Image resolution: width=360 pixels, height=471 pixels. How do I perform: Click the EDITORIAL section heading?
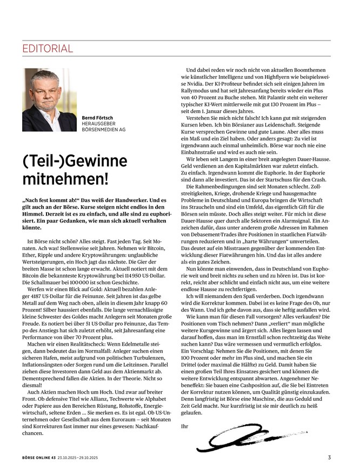tap(48, 49)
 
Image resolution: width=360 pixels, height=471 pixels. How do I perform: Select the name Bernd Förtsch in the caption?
tap(98, 117)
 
